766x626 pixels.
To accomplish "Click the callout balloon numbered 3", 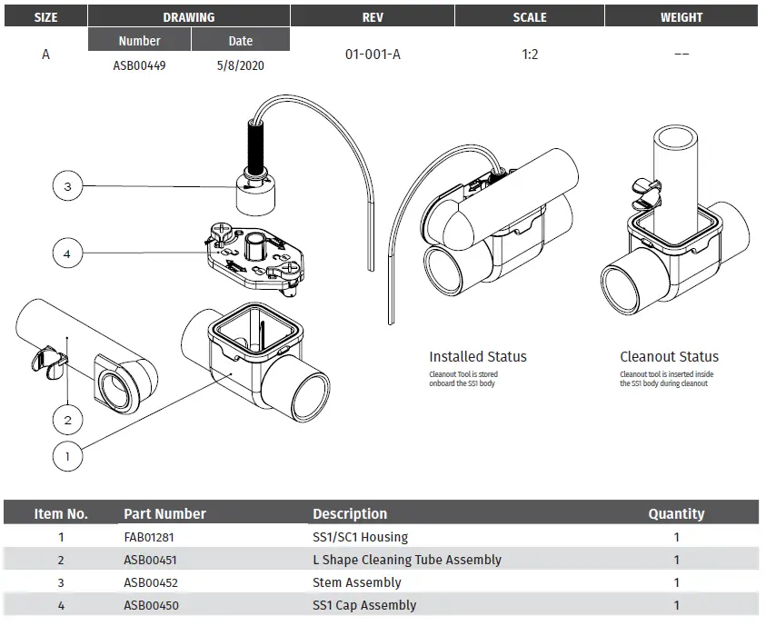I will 67,187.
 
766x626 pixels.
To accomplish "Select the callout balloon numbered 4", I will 67,253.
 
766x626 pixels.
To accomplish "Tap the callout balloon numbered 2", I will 67,420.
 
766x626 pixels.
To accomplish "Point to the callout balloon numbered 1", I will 67,456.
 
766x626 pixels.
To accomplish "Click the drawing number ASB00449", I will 139,65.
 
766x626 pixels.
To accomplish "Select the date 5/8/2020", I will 241,65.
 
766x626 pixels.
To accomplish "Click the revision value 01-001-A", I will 373,55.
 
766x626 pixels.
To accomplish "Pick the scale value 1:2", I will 530,55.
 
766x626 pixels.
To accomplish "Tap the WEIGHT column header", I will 681,16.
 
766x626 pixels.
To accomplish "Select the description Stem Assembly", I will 356,582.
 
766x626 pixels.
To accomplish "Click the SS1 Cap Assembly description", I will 364,605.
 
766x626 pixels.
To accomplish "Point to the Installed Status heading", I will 477,357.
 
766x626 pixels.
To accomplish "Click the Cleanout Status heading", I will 669,357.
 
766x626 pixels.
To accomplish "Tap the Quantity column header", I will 676,513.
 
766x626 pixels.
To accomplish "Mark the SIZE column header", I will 45,16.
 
